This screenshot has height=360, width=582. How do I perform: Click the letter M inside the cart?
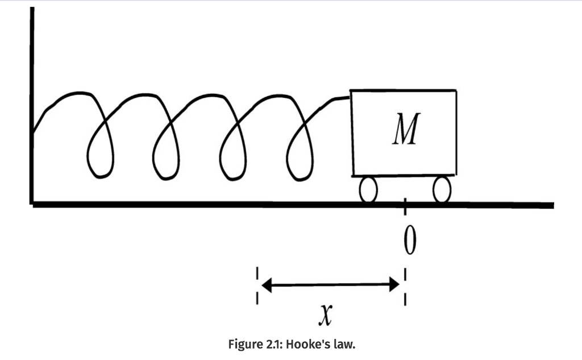coord(406,129)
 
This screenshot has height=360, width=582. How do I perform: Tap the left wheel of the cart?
coord(368,189)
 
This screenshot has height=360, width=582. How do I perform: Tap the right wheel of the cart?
coord(442,189)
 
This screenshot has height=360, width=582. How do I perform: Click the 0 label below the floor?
coord(410,241)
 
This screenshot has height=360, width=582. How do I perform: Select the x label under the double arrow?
coord(326,315)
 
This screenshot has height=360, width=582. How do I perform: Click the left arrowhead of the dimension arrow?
coord(267,285)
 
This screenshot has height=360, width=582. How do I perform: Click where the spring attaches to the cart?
coord(350,98)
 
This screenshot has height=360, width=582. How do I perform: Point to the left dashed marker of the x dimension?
coord(257,285)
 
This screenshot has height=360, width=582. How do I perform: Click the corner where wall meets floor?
coord(32,204)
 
